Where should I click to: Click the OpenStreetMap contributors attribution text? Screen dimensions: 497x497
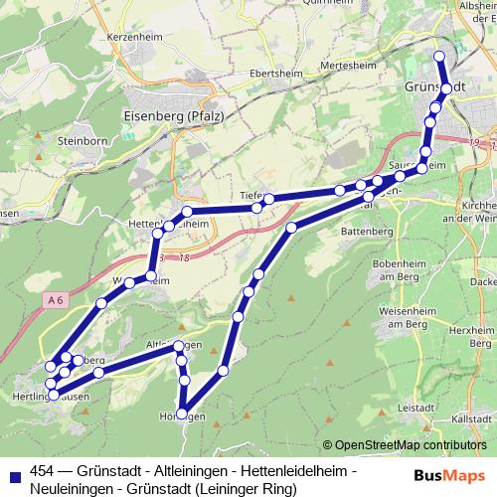(x=412, y=445)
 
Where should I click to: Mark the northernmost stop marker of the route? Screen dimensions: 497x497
(x=440, y=56)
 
